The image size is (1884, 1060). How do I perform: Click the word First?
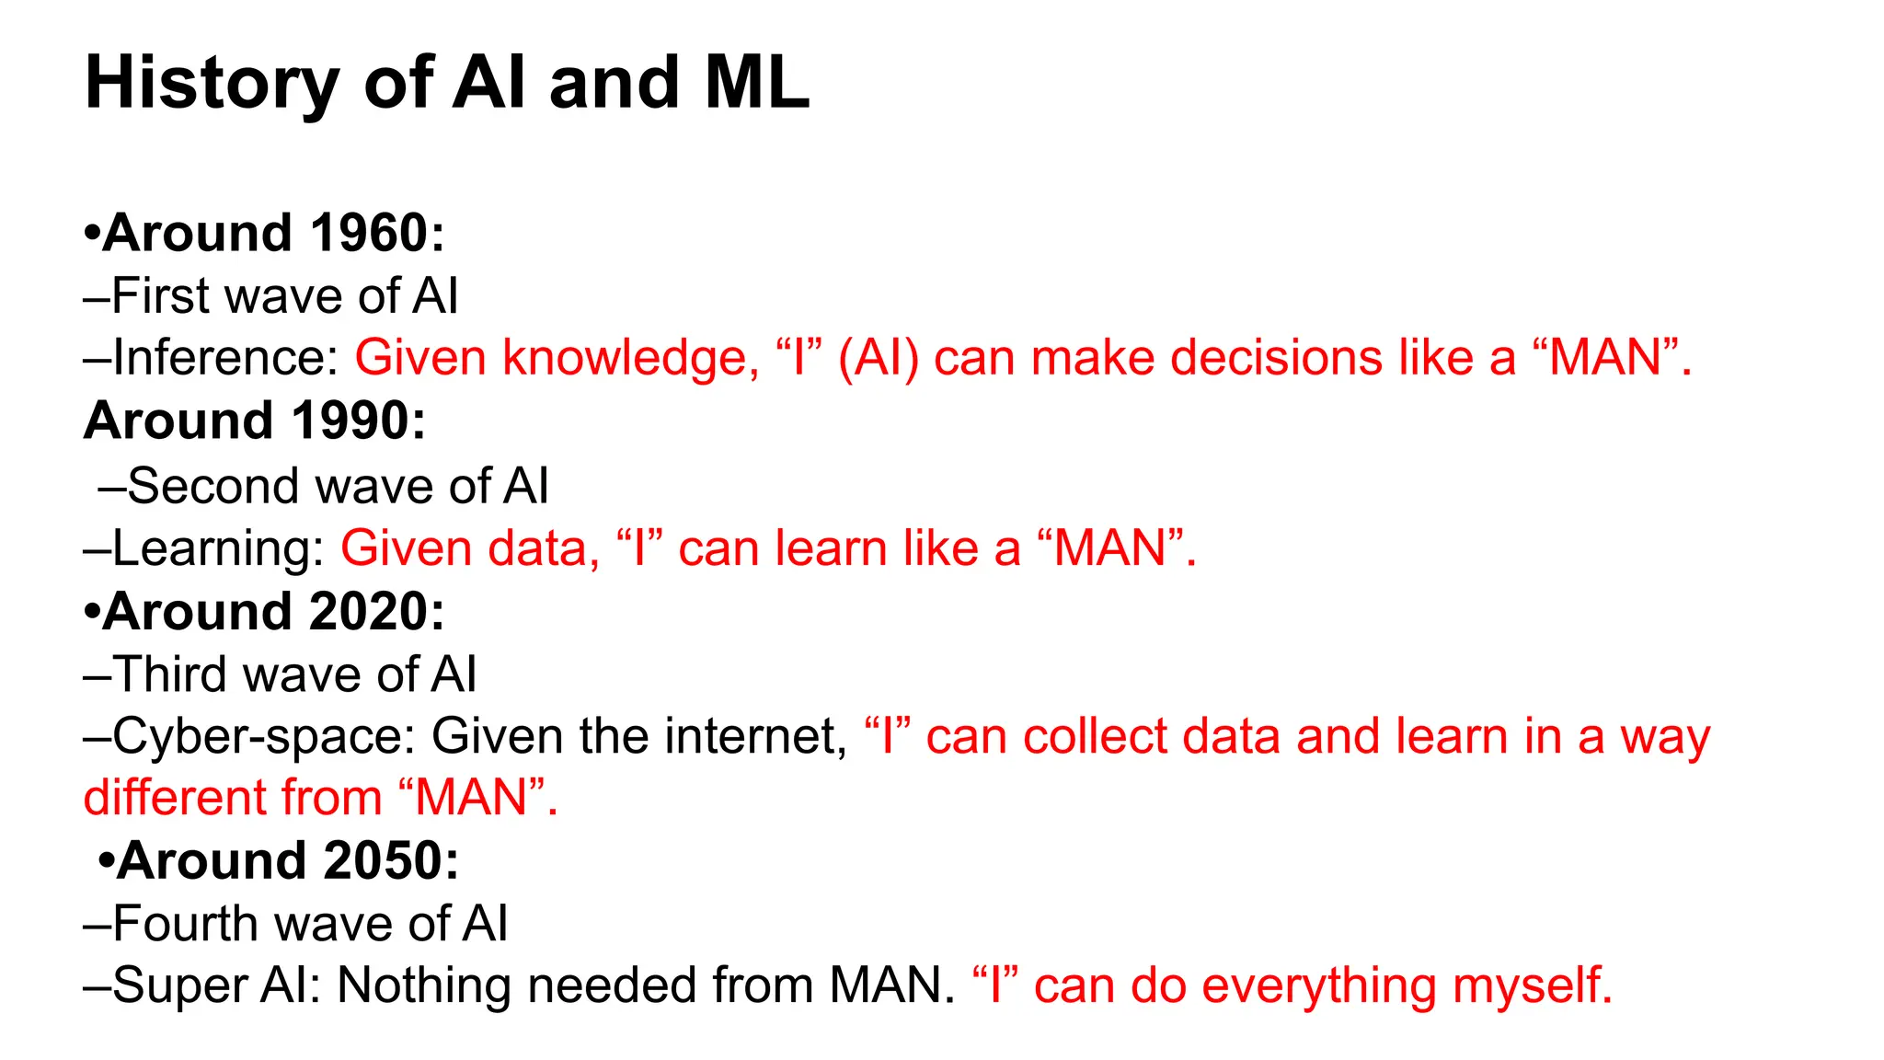[x=161, y=296]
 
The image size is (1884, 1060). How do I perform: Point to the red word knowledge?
[x=630, y=359]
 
